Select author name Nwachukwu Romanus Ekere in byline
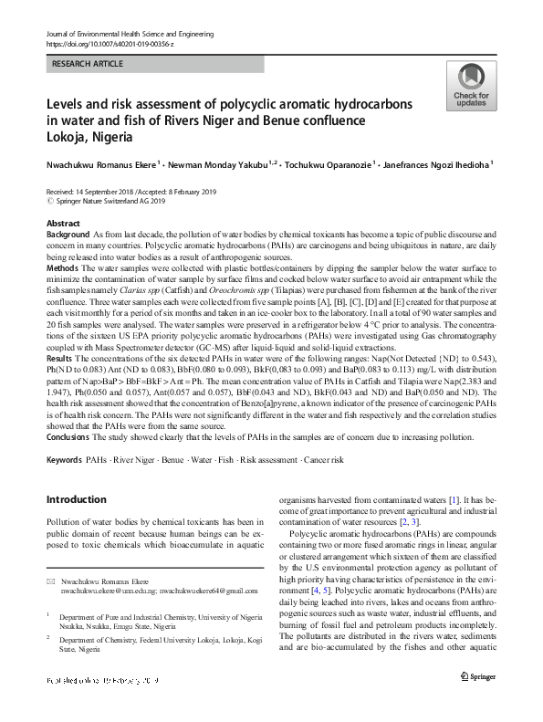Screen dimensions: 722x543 pos(101,166)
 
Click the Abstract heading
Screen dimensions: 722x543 pos(63,223)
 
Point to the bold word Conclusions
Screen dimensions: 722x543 pos(69,436)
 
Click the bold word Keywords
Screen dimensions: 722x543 pos(64,458)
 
